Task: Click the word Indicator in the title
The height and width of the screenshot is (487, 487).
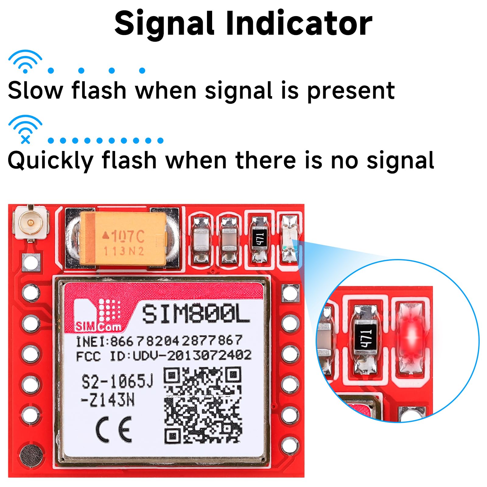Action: pos(299,24)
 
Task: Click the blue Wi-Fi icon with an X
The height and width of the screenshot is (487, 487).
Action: pos(25,129)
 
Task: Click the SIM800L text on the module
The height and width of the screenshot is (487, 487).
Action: pos(196,314)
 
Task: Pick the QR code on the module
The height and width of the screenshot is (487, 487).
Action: pos(203,405)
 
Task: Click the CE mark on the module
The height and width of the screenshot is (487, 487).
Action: pos(114,429)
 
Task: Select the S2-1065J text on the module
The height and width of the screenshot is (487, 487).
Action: pos(117,382)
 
